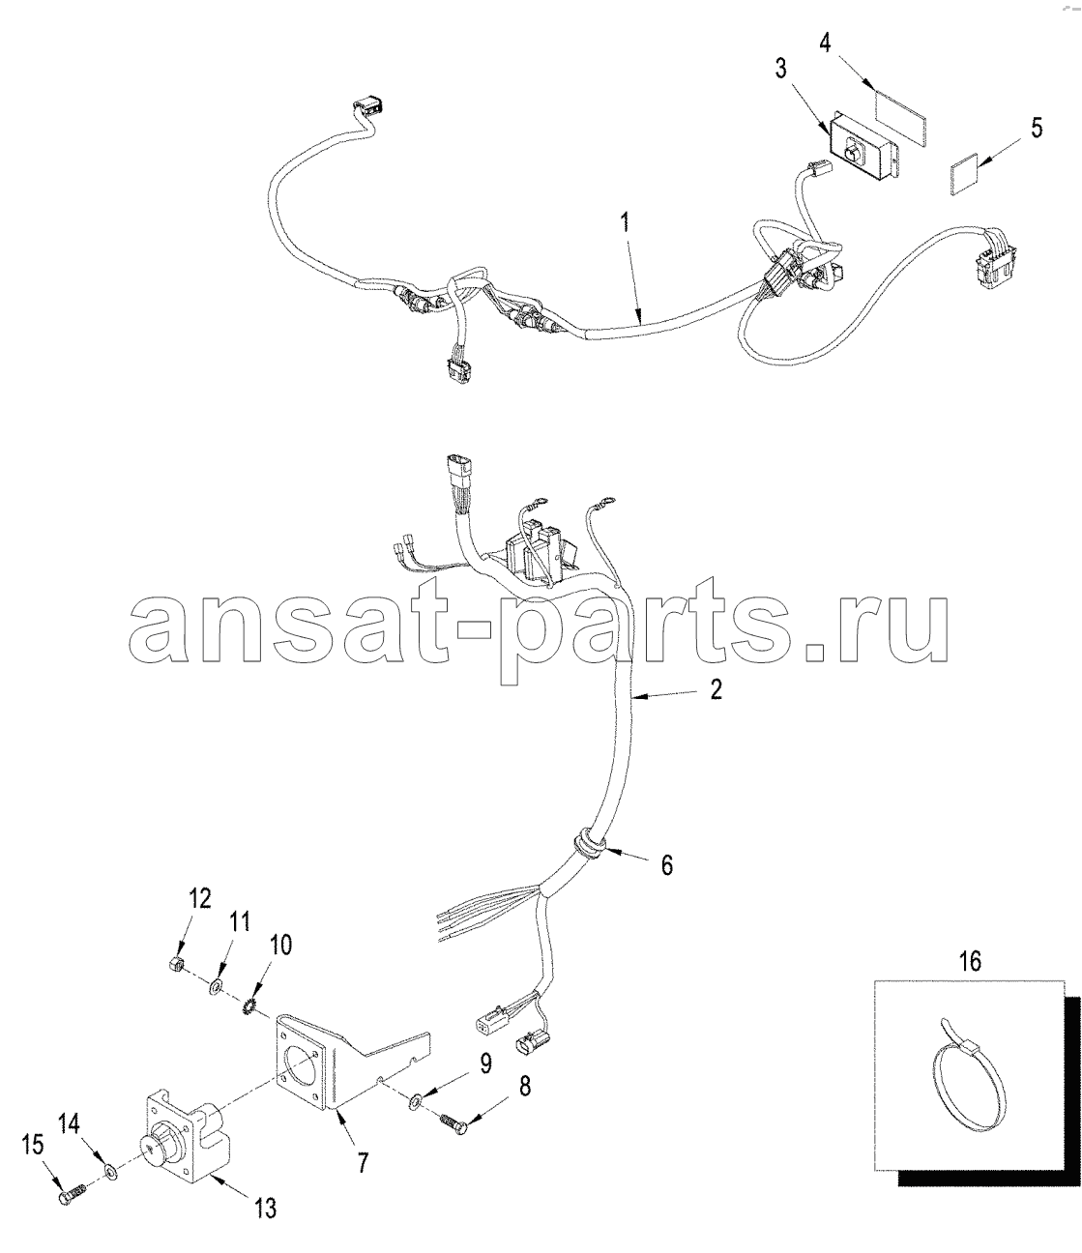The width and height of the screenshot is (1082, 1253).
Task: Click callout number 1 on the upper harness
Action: pyautogui.click(x=624, y=225)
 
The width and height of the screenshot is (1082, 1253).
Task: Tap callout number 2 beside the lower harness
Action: pyautogui.click(x=716, y=689)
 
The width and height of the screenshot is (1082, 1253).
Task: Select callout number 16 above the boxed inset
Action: pyautogui.click(x=971, y=961)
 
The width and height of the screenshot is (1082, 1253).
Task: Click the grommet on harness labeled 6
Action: pyautogui.click(x=587, y=844)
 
